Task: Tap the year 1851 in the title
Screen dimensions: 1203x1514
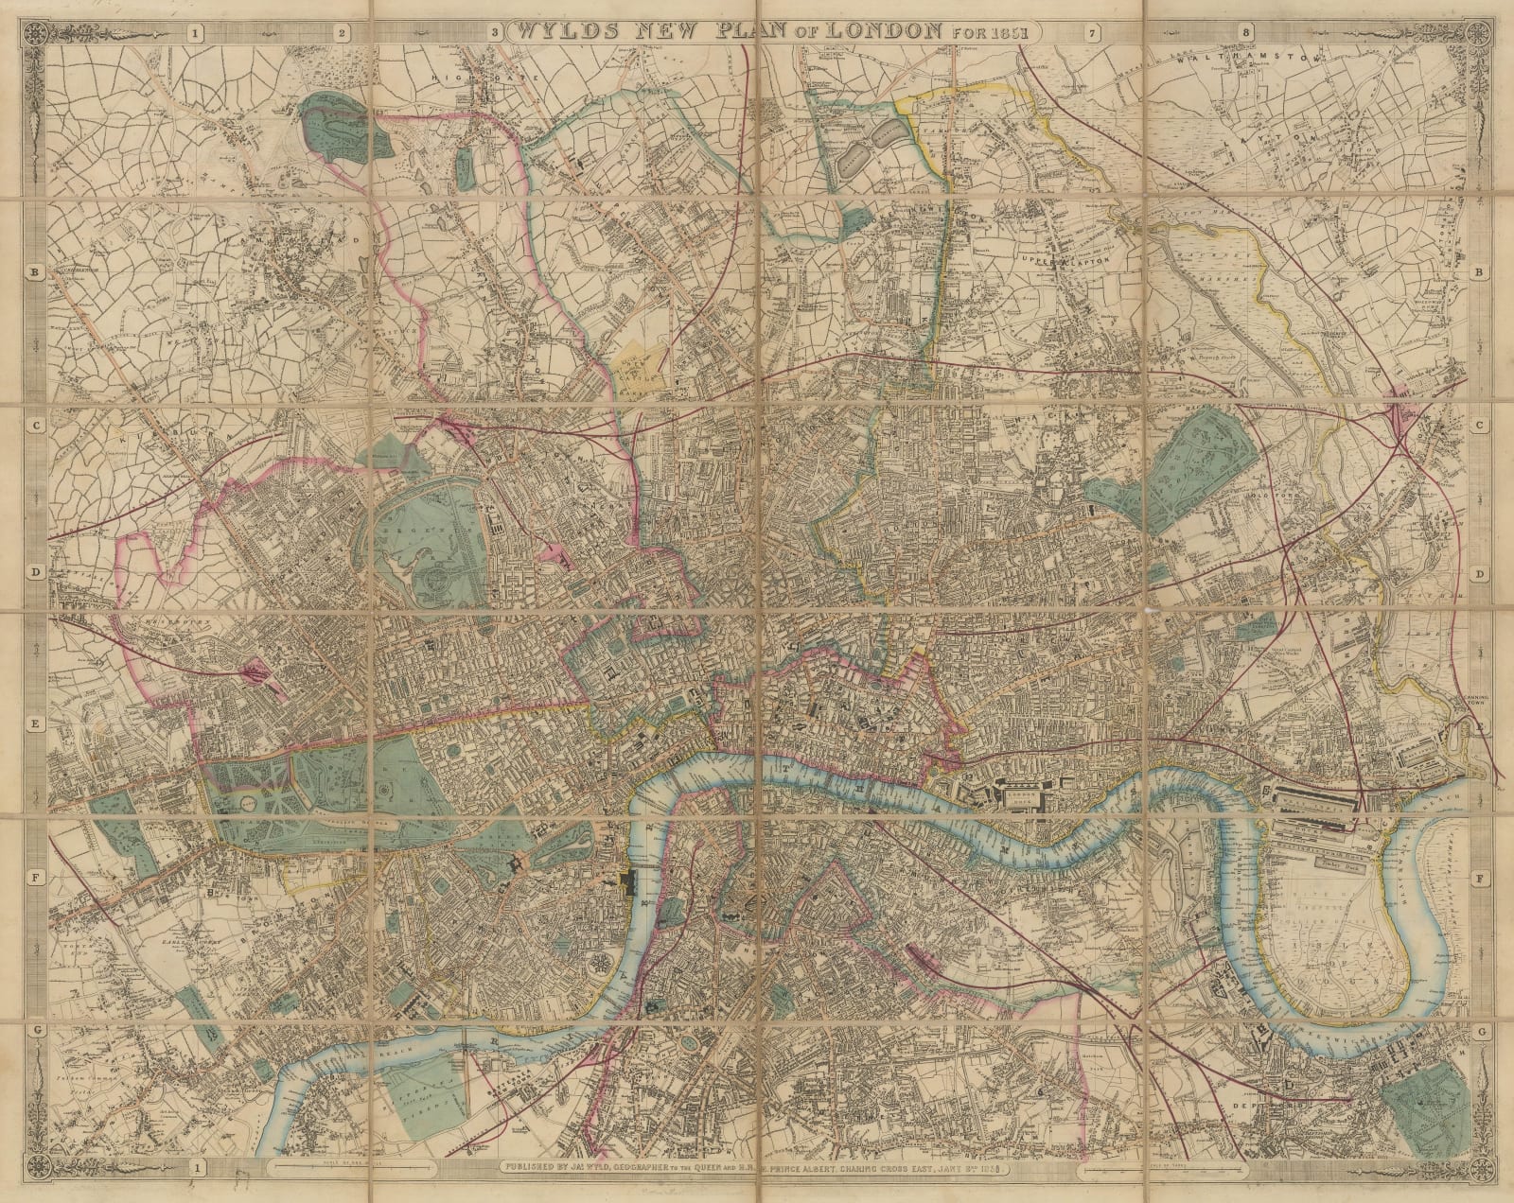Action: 1011,30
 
